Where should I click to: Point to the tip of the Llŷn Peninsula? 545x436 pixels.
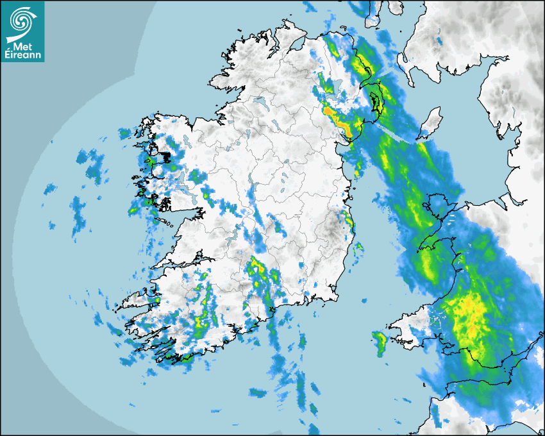coord(420,247)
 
